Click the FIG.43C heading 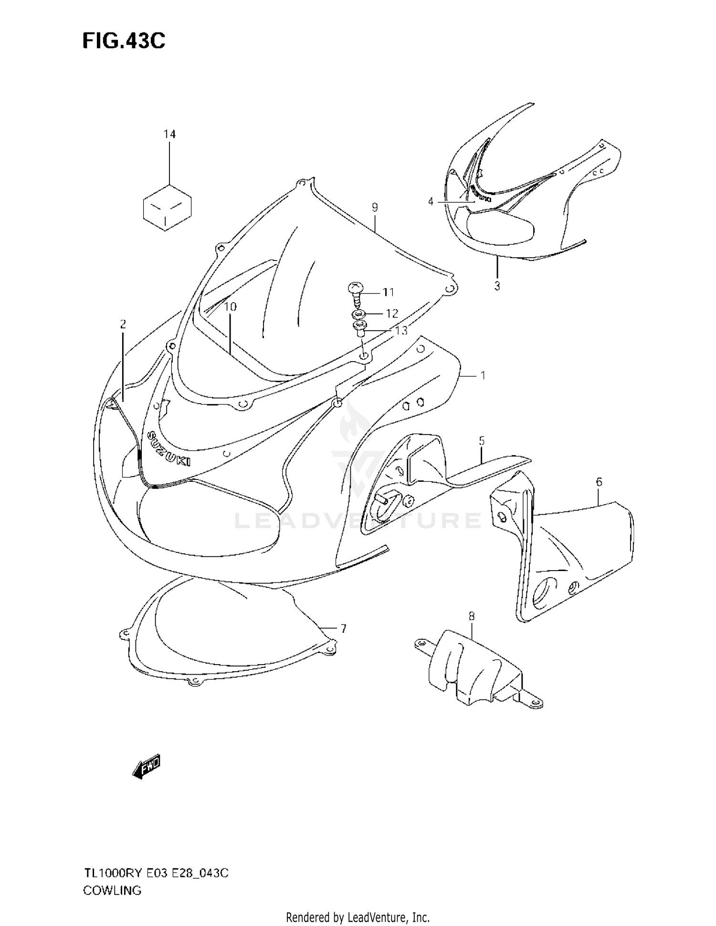(124, 41)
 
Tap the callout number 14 (169, 135)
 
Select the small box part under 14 (167, 206)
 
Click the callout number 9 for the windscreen (375, 207)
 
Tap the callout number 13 (401, 330)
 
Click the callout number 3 (497, 286)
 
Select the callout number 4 (431, 202)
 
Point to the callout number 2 (123, 325)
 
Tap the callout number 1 (483, 376)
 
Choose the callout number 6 (599, 482)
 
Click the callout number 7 (343, 629)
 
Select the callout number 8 (472, 616)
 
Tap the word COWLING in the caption (112, 890)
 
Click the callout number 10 (231, 307)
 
